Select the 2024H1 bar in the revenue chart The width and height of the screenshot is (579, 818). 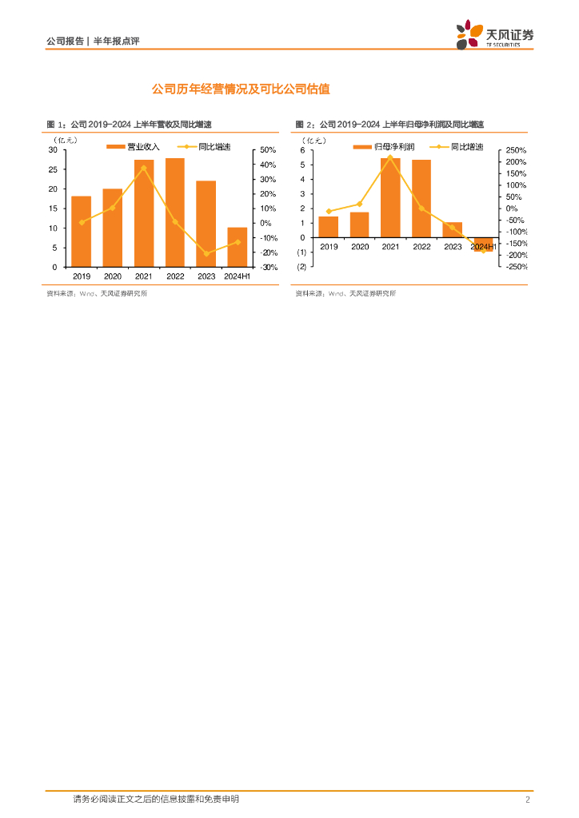tap(238, 247)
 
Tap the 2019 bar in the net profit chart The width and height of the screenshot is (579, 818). tap(328, 227)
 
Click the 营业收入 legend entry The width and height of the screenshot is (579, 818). tap(134, 147)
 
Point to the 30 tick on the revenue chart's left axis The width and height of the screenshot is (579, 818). tap(52, 150)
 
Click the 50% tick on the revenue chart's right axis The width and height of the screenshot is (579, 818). tap(268, 150)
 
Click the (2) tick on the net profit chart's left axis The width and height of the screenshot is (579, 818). tap(301, 266)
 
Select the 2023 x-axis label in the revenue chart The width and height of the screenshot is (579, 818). tap(206, 276)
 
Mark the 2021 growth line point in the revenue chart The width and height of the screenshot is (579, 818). tap(144, 168)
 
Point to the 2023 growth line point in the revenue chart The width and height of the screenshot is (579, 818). tap(206, 254)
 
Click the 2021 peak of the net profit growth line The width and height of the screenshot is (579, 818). tap(390, 157)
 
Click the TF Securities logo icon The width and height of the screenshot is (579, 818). tap(468, 34)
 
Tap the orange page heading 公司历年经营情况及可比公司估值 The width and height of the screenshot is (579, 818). tap(241, 89)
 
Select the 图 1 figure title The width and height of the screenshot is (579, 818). tap(134, 125)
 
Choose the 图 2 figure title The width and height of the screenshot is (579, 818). tap(390, 125)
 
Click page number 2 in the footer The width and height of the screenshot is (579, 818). tap(528, 800)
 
